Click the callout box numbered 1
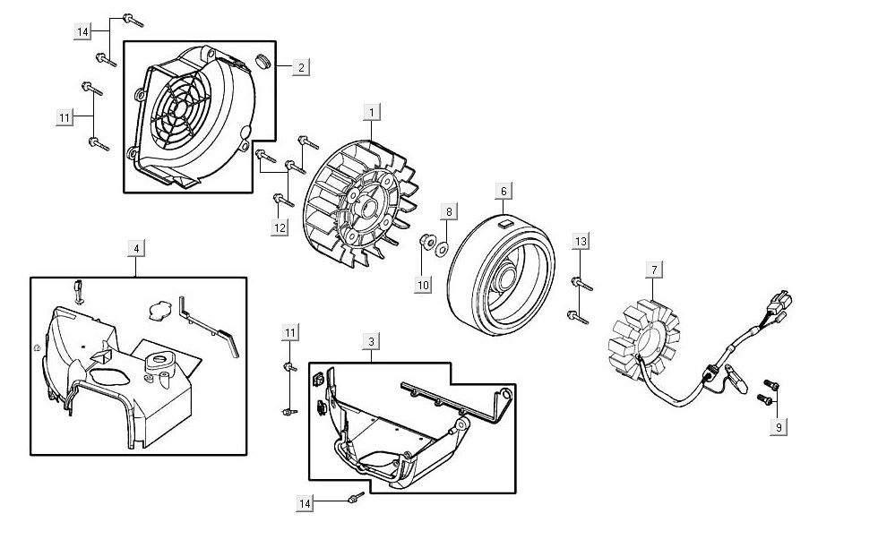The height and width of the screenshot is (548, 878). click(x=371, y=113)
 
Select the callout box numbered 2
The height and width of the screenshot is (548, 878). click(x=301, y=66)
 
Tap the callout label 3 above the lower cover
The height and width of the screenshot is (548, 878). click(x=371, y=342)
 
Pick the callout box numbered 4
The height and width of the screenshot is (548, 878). click(x=134, y=247)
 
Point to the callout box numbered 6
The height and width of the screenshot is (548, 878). click(x=504, y=192)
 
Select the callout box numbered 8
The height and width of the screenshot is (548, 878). click(x=450, y=212)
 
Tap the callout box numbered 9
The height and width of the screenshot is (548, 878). click(x=779, y=428)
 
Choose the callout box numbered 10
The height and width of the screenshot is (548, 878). click(x=423, y=285)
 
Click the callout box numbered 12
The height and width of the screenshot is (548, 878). click(x=280, y=227)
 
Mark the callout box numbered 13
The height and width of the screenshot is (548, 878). click(x=581, y=242)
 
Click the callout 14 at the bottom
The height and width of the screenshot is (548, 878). click(x=306, y=505)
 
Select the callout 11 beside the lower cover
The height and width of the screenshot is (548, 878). click(x=288, y=334)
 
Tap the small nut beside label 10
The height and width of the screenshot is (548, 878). click(x=428, y=241)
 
